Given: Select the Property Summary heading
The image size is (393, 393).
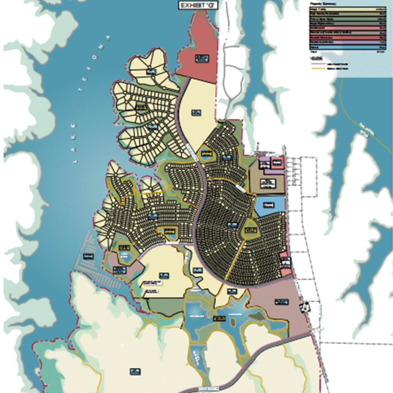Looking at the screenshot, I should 323,3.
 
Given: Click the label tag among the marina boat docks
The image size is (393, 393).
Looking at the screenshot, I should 88,256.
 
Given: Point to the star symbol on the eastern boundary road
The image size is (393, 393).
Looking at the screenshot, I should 305,307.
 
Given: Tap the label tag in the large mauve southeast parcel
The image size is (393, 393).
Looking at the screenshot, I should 281,302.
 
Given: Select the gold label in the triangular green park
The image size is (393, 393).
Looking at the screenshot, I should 250,230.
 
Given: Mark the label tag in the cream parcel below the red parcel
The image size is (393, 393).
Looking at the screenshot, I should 196,112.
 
